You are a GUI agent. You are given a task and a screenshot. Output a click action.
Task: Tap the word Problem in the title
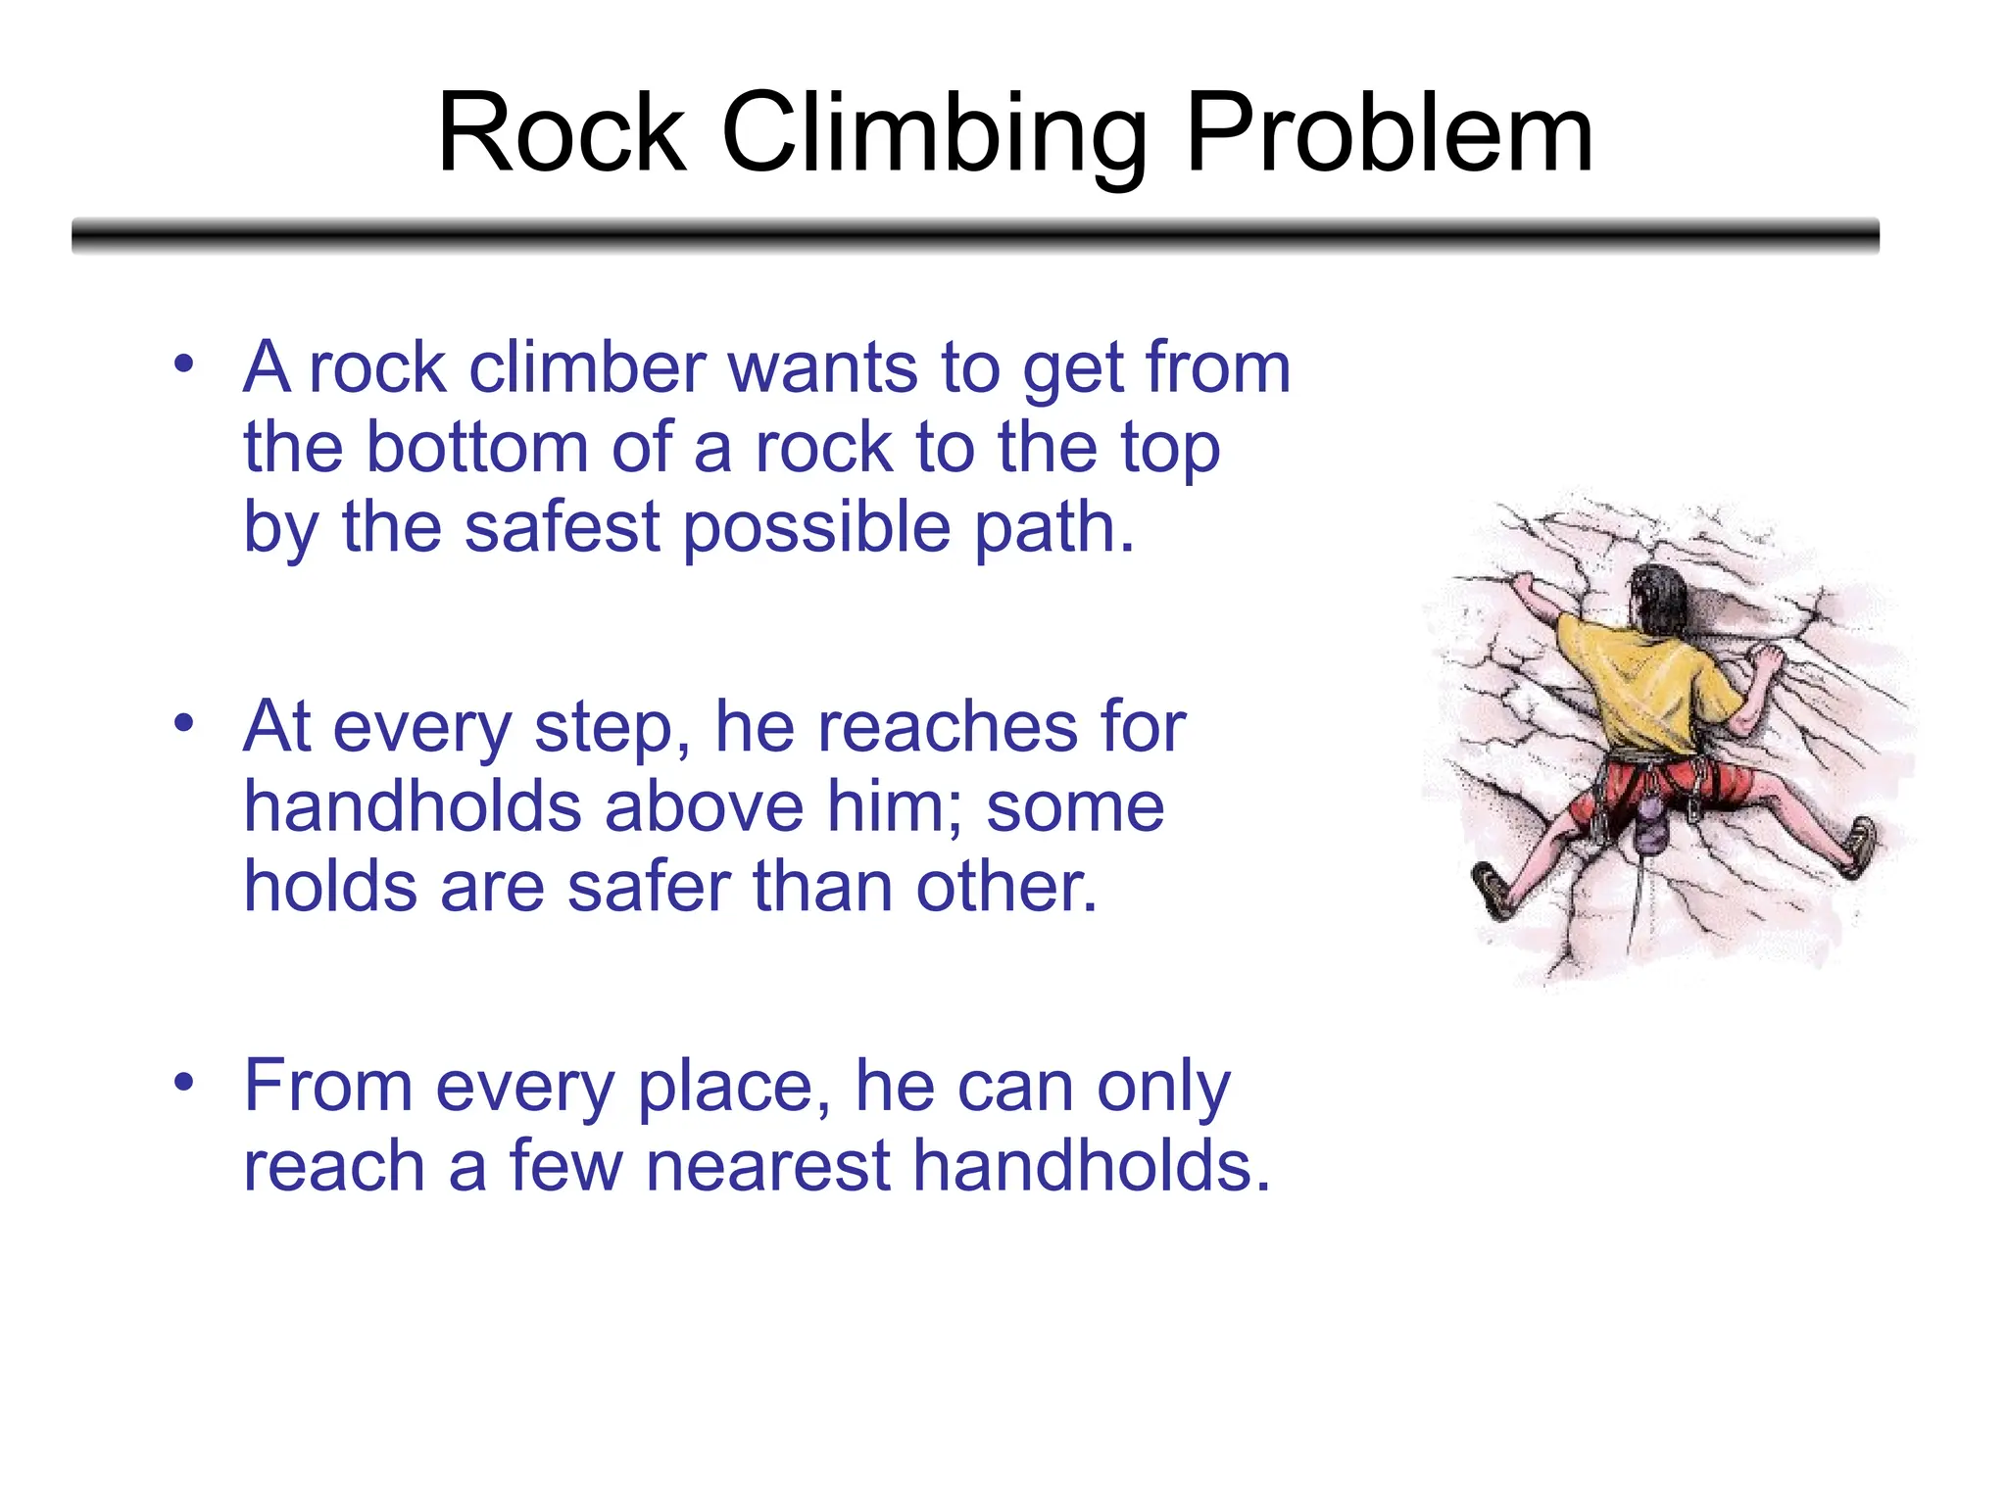click(x=1389, y=134)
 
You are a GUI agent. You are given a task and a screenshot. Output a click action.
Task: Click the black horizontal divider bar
click(x=975, y=236)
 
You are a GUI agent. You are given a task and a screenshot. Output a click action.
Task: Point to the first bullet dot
click(x=183, y=364)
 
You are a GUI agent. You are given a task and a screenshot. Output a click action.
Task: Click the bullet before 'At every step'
click(x=183, y=724)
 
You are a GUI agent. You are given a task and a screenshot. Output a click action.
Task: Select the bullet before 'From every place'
click(x=183, y=1083)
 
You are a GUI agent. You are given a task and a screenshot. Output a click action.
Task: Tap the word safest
click(x=562, y=528)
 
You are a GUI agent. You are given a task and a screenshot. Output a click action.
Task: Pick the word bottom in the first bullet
click(x=477, y=448)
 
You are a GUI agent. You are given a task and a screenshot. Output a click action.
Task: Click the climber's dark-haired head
click(x=1659, y=597)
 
